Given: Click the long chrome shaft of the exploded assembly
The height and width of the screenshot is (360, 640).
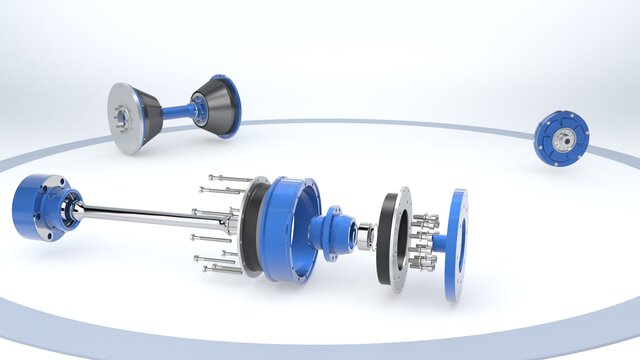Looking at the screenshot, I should pos(140,214).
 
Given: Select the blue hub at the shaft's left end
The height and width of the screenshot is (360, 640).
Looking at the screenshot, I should pos(38,206).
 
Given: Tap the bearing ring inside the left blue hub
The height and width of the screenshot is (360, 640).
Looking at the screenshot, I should pos(73,210).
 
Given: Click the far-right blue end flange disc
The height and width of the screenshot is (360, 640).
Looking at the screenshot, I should pos(456,245).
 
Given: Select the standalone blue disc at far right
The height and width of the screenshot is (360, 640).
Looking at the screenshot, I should pos(561,138).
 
